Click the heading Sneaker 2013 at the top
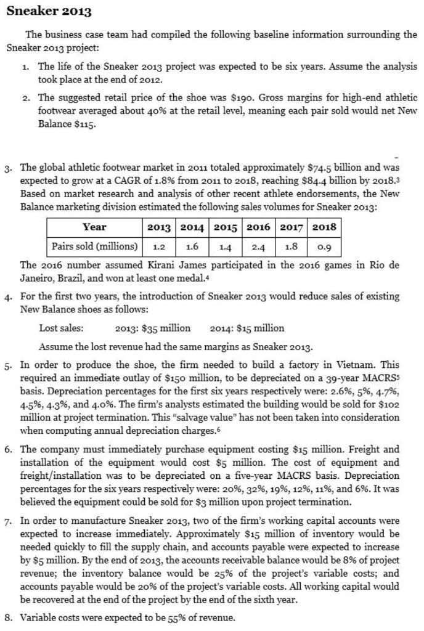pos(49,11)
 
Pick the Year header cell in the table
pos(94,227)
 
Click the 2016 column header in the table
pos(258,227)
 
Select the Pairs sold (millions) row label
pos(94,246)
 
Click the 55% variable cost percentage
pos(162,617)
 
